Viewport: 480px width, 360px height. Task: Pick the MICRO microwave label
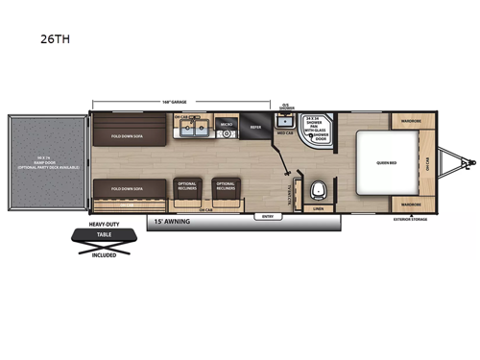[228, 125]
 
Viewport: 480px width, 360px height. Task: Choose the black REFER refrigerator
[256, 126]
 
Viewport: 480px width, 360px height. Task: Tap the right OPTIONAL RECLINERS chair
[226, 186]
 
